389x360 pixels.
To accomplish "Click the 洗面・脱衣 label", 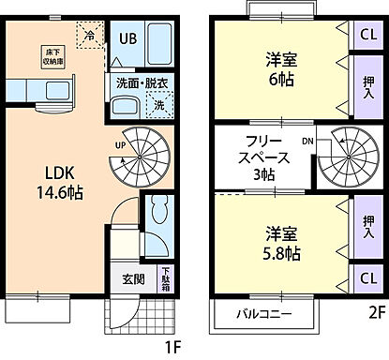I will click(140, 82).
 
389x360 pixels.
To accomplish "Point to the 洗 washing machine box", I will click(158, 106).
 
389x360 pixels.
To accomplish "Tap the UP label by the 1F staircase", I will click(120, 145).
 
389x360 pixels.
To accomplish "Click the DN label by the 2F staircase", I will click(307, 142).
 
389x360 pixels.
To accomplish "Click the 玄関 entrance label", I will click(133, 278).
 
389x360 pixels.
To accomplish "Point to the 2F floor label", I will click(376, 313).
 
